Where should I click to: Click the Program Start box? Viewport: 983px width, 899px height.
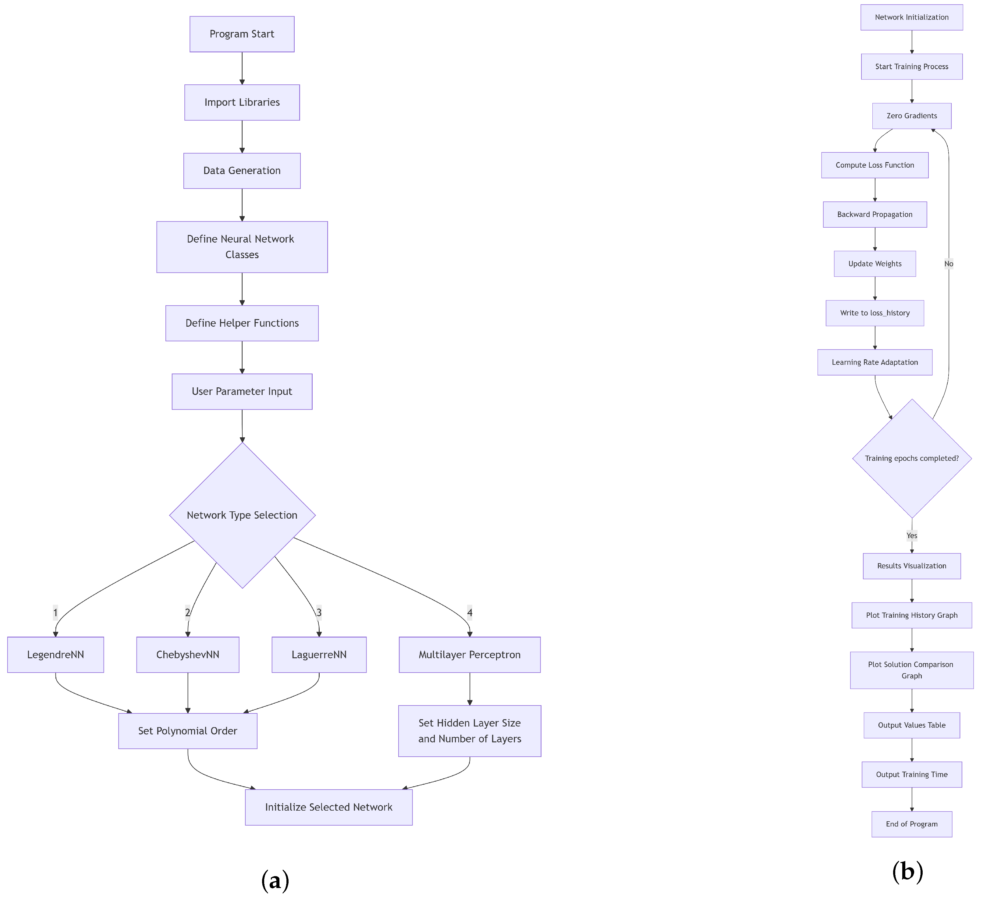(242, 34)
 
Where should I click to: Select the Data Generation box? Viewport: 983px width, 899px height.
(242, 171)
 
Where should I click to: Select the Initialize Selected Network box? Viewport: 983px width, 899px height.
(329, 807)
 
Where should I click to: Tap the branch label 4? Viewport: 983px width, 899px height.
(470, 612)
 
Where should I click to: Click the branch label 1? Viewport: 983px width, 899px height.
(55, 612)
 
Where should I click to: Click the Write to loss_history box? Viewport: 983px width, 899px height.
(875, 313)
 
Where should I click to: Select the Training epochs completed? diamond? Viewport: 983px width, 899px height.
(911, 458)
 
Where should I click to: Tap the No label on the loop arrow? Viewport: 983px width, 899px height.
(948, 264)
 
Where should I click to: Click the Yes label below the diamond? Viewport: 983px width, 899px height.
(911, 535)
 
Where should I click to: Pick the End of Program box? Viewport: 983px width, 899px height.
(911, 824)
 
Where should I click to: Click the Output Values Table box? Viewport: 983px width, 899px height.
(911, 725)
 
